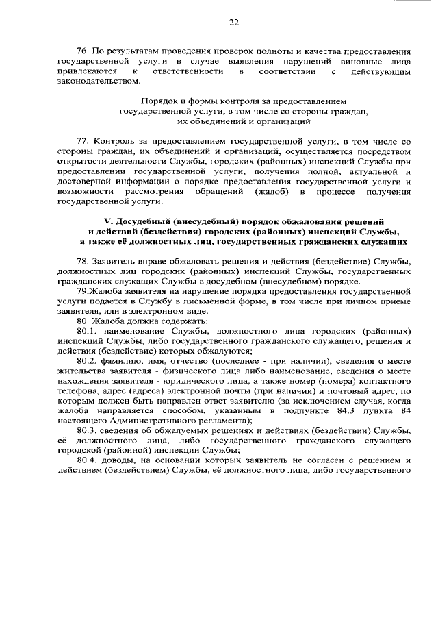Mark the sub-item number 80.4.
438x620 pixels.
coord(86,460)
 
